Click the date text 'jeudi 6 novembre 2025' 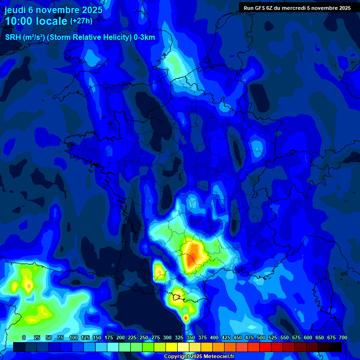[x=53, y=10]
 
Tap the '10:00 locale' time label [x=36, y=21]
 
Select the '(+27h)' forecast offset [x=81, y=21]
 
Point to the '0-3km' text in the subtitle [x=144, y=37]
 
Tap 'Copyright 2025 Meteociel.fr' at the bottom [x=199, y=357]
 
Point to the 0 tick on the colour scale [x=24, y=337]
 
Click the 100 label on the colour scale [x=74, y=337]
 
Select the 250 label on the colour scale [x=144, y=337]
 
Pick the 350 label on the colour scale [x=191, y=337]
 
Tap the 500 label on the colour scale [x=261, y=337]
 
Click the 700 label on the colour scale [x=343, y=337]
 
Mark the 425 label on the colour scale [x=226, y=337]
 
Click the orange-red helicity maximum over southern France [x=192, y=258]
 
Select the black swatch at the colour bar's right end [x=336, y=347]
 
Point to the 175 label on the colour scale [x=109, y=337]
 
